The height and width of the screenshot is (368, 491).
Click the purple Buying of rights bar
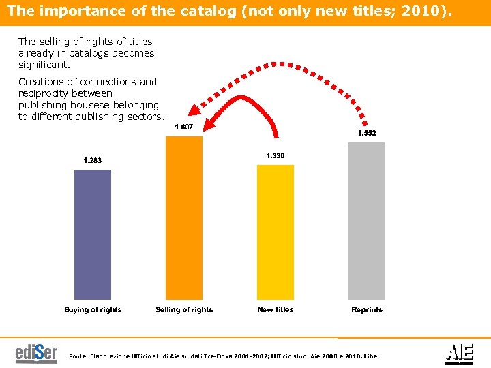tap(92, 234)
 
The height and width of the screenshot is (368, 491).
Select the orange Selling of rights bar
tap(184, 217)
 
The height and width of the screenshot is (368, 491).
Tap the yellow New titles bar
tap(275, 232)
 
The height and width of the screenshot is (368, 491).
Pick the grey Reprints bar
tap(366, 221)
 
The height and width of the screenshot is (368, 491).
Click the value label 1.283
tap(92, 161)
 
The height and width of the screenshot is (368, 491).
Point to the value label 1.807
tap(184, 127)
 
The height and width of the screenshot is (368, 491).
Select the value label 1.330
tap(276, 156)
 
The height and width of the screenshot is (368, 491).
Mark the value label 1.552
tap(367, 133)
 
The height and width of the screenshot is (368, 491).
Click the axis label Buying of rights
tap(93, 310)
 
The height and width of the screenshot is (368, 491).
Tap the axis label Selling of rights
tap(184, 310)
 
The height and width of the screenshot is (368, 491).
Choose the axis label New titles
tap(276, 310)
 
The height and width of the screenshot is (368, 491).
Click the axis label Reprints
tap(367, 310)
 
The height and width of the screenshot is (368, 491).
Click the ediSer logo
tap(37, 354)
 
